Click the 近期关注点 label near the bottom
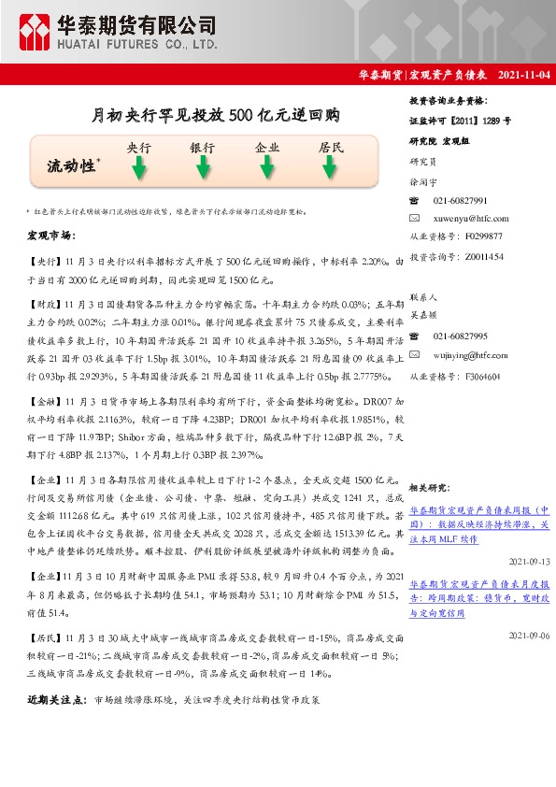coord(56,699)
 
